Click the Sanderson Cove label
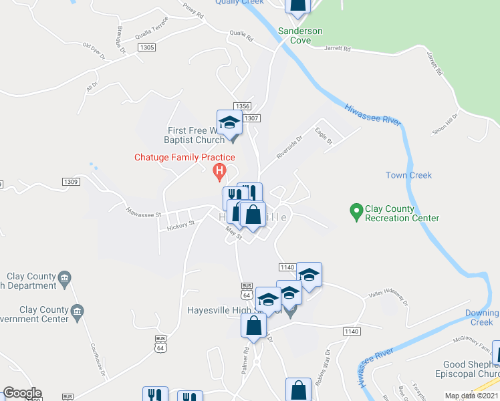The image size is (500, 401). pos(300,35)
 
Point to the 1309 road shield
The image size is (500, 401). pos(71,182)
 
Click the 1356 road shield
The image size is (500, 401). pos(242,106)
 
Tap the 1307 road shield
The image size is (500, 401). pos(251,118)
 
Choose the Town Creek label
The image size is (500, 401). pos(408,175)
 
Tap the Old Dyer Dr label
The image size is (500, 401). pos(94,51)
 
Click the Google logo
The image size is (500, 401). pos(22,393)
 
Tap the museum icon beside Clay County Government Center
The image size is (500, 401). pos(78,310)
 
